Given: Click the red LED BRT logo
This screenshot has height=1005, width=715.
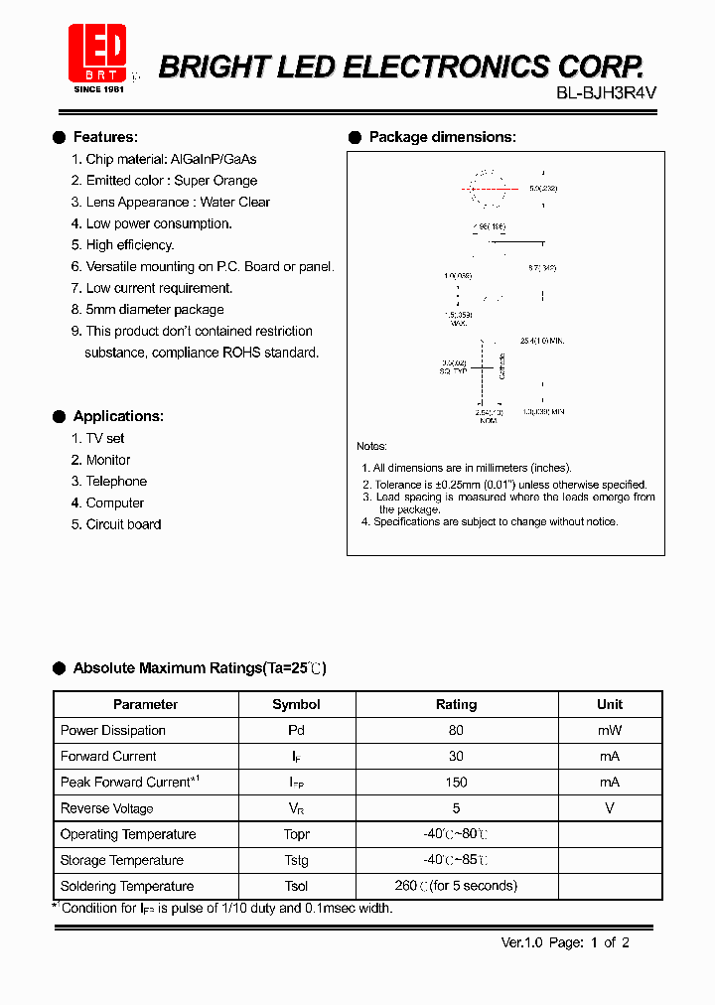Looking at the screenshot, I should [97, 54].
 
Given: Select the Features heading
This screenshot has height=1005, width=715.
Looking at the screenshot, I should [105, 137].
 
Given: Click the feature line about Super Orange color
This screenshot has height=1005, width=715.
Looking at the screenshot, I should [164, 181].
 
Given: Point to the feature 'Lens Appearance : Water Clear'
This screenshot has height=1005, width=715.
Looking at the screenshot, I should [170, 202].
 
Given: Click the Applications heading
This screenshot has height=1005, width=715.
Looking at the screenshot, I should [118, 416].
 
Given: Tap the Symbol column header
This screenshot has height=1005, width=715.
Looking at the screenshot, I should [296, 704].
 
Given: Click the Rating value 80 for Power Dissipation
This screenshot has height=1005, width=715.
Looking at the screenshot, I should [456, 730].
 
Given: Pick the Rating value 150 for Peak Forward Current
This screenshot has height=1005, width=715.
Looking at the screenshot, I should [456, 783].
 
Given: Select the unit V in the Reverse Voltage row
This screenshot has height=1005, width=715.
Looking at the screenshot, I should [610, 808].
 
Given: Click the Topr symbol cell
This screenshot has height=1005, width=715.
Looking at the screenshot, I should [296, 834].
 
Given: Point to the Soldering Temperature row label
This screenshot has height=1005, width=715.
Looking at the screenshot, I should [127, 886].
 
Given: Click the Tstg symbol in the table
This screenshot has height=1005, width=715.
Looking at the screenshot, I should [296, 860].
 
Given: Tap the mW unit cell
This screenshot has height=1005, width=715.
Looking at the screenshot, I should [610, 730].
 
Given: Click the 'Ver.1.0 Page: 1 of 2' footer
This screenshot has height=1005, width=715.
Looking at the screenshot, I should [565, 942].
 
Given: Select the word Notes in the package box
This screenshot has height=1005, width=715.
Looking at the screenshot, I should [372, 447].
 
